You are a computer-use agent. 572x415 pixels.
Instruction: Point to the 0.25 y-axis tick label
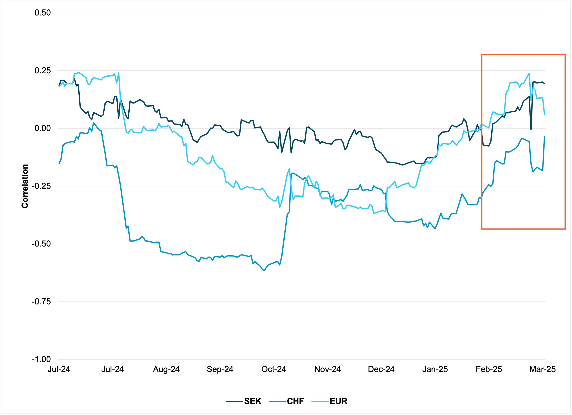coord(42,71)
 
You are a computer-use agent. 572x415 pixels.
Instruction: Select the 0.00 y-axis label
coord(42,128)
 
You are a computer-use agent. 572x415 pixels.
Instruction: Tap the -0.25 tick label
coord(41,186)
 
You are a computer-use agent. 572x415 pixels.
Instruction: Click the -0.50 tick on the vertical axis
coord(41,244)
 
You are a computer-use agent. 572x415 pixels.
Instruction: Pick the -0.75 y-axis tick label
coord(41,302)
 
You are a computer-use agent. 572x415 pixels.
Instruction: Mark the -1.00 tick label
coord(41,359)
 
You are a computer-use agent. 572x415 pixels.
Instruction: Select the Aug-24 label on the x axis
coord(166,369)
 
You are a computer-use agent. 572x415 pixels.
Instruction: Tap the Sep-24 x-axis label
coord(220,369)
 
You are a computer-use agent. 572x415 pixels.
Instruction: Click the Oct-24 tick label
coord(274,369)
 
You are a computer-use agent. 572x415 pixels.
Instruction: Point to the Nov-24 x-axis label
coord(327,369)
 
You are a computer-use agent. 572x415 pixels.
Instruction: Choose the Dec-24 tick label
coord(381,369)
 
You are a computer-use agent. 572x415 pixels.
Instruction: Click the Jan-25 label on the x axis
coord(435,369)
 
